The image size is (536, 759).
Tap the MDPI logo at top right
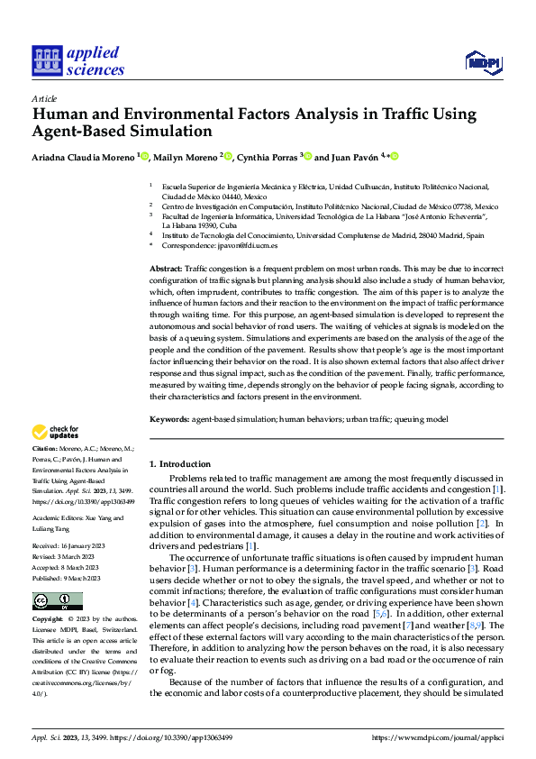click(482, 61)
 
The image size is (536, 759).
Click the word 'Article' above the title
click(44, 97)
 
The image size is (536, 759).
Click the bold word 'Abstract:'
click(166, 269)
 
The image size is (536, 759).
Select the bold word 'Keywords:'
click(168, 418)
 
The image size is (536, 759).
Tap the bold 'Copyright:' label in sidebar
click(48, 619)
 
